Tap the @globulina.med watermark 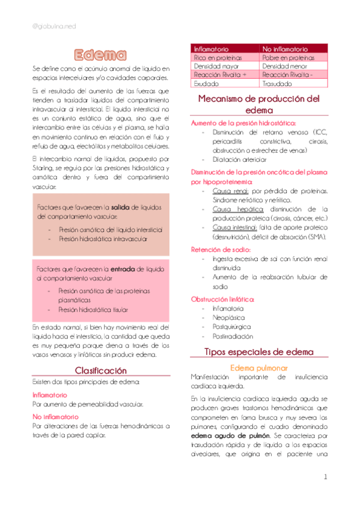tap(53, 25)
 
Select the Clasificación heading tap(100, 370)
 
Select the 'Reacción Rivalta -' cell tap(287, 75)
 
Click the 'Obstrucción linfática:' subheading tap(222, 299)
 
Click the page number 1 tap(325, 478)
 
